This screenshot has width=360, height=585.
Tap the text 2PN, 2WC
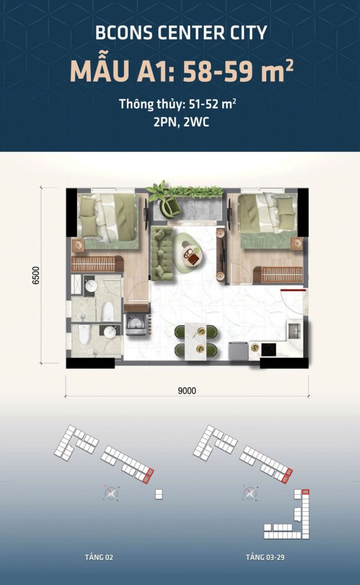(x=181, y=122)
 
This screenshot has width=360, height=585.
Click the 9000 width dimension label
(x=187, y=391)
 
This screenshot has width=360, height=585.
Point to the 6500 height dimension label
(x=36, y=275)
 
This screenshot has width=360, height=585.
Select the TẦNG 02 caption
(x=99, y=558)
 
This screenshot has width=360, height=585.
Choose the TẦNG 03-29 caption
(x=265, y=558)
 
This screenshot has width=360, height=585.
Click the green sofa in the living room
(x=162, y=254)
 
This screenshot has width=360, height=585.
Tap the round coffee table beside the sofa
(x=193, y=255)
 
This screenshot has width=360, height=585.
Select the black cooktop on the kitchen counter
(x=268, y=350)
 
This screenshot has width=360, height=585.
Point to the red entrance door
(x=293, y=290)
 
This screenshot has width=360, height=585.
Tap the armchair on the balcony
(x=170, y=207)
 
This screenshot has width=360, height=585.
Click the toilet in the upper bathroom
(x=108, y=311)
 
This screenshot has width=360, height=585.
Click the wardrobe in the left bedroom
(x=97, y=264)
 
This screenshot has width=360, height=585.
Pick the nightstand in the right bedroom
(x=297, y=243)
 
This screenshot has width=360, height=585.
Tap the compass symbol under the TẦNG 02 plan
(x=111, y=493)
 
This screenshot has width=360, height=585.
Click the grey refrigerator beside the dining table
(x=239, y=351)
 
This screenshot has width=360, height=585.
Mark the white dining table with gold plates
(x=196, y=342)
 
